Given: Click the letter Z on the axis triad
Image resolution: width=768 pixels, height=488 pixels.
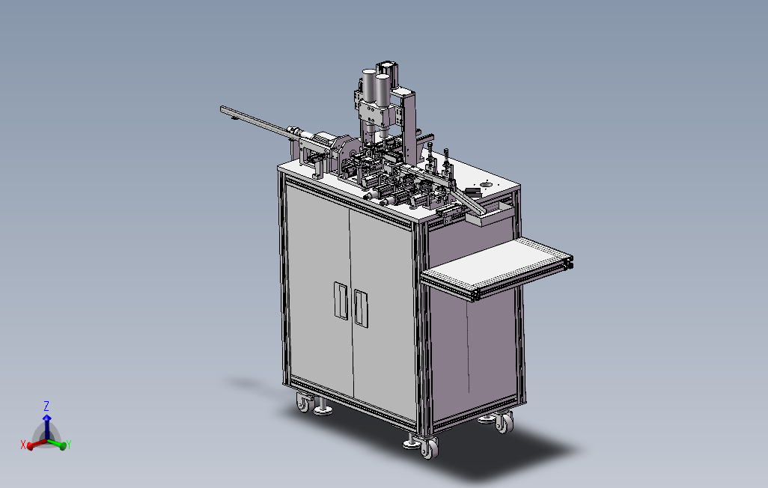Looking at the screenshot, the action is [46, 406].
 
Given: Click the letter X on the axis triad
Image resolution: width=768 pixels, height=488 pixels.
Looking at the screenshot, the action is [23, 445].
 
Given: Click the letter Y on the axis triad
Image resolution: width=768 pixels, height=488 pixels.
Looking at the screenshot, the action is [69, 445].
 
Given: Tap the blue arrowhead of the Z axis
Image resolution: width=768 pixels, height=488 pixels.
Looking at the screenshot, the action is [46, 418].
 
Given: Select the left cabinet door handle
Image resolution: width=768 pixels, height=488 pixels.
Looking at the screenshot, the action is [341, 300].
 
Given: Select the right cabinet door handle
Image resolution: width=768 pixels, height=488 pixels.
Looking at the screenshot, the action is [361, 308].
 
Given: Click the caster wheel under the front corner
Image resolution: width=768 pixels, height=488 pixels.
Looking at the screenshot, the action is [429, 448].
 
